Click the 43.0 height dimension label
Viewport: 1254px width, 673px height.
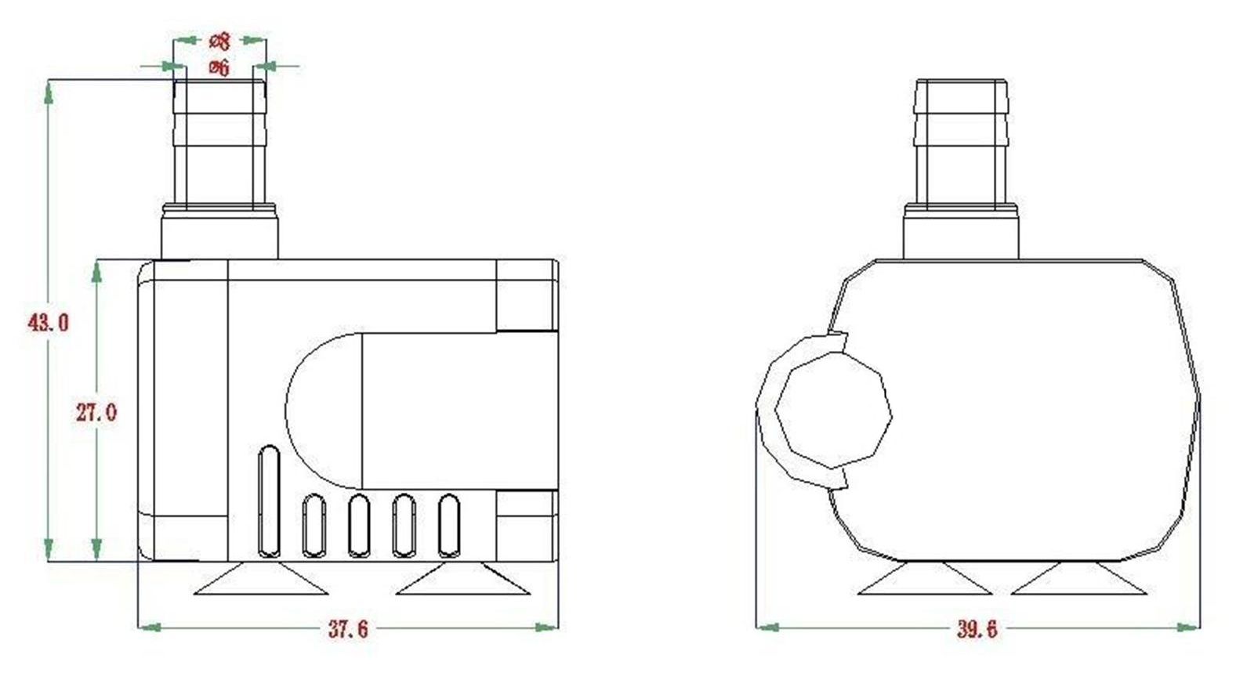pyautogui.click(x=49, y=322)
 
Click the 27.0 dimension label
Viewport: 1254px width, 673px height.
pyautogui.click(x=96, y=413)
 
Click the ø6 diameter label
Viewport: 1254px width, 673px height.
pyautogui.click(x=219, y=68)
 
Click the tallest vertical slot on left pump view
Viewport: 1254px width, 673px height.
pyautogui.click(x=268, y=501)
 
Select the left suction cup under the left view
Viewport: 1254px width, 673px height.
pyautogui.click(x=261, y=581)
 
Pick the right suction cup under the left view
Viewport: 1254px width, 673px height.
pyautogui.click(x=462, y=581)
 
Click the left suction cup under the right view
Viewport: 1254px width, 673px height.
pyautogui.click(x=925, y=580)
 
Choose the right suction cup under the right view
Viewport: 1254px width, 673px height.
pyautogui.click(x=1079, y=580)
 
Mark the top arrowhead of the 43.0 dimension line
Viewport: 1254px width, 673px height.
pyautogui.click(x=49, y=89)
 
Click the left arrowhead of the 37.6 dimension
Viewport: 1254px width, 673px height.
pyautogui.click(x=149, y=627)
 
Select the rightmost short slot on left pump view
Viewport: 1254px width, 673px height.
pyautogui.click(x=449, y=525)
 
